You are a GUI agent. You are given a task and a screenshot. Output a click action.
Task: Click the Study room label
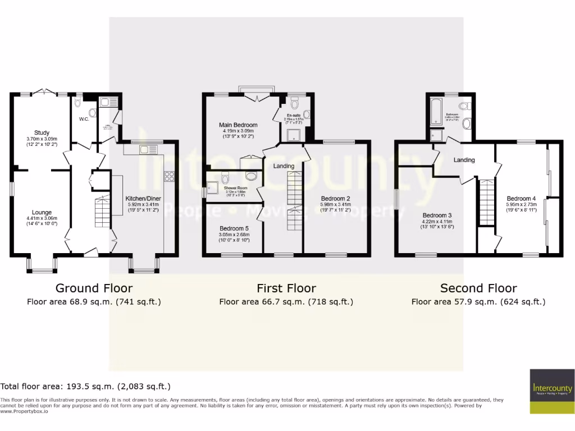tap(42, 133)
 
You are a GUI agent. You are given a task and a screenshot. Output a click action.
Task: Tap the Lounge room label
tap(42, 212)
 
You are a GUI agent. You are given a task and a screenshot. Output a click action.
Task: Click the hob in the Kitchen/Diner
tap(169, 176)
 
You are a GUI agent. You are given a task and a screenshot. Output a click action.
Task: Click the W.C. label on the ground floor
tap(84, 119)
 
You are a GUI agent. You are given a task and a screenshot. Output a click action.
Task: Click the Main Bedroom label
tap(238, 125)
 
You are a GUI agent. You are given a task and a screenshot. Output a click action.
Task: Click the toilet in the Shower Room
tap(226, 179)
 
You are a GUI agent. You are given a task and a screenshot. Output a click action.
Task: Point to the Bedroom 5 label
tap(234, 228)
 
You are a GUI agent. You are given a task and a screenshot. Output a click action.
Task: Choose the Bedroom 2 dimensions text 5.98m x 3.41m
tap(336, 205)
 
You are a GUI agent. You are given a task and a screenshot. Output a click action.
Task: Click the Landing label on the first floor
tap(284, 166)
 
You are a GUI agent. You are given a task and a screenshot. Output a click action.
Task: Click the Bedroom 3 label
tap(437, 215)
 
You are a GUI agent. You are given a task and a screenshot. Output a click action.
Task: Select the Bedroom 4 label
tap(521, 199)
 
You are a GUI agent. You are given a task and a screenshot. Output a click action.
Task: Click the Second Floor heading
tap(478, 288)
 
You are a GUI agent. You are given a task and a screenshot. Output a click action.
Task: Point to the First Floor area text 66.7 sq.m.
tap(286, 302)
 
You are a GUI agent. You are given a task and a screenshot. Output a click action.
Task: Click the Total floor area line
tap(85, 387)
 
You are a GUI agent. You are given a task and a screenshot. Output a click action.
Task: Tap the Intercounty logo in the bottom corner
tap(552, 391)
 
